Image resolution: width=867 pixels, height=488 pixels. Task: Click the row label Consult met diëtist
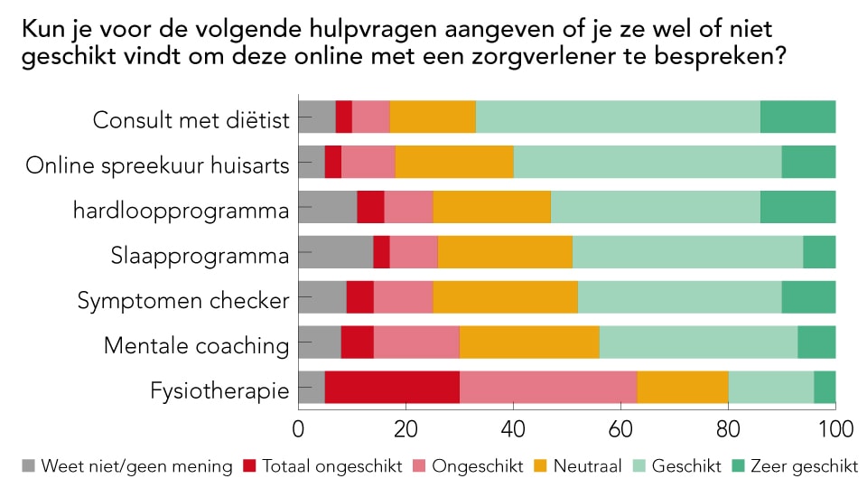(191, 120)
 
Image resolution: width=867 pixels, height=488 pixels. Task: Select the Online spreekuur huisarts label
(157, 165)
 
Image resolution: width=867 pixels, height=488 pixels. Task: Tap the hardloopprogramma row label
(181, 211)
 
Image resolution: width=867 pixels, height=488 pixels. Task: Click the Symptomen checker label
(183, 300)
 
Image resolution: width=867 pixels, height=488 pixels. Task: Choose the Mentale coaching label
(196, 345)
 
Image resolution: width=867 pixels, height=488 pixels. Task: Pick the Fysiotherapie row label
(220, 390)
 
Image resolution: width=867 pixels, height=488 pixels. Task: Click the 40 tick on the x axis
(513, 426)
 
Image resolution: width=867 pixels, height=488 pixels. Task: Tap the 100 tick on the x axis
(834, 426)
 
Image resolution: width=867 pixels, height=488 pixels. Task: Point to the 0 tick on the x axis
(299, 426)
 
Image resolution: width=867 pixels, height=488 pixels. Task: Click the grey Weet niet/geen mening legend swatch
(29, 466)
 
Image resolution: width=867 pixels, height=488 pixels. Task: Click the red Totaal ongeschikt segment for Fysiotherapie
(392, 387)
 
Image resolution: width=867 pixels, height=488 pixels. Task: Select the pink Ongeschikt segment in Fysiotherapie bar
(548, 387)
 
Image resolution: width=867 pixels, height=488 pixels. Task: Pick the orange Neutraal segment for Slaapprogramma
(505, 252)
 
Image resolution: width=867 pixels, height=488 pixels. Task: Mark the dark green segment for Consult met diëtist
(797, 117)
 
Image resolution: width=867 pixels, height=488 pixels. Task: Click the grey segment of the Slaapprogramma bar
(335, 252)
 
